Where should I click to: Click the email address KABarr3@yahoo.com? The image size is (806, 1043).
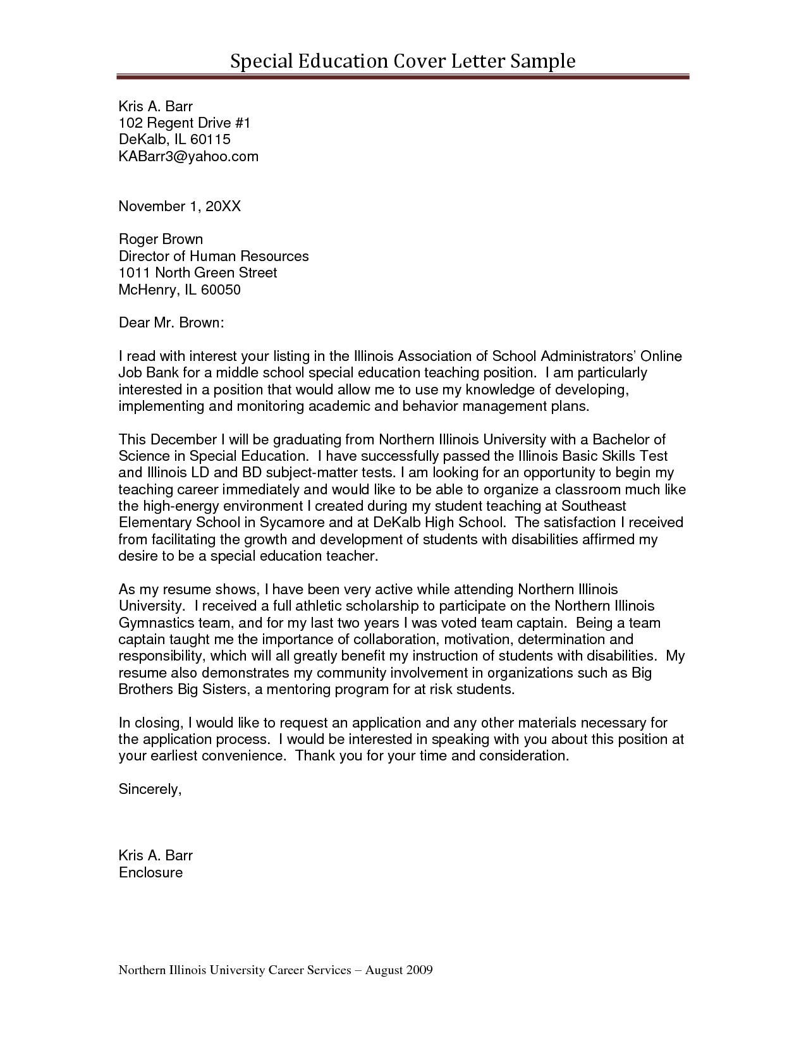[x=188, y=156]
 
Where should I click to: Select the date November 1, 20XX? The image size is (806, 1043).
[x=180, y=206]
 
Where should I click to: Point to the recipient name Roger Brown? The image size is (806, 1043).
[x=161, y=239]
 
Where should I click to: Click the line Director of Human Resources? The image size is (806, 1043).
[x=214, y=256]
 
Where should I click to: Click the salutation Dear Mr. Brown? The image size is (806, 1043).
[x=171, y=323]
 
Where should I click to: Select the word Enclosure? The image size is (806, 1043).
[x=150, y=873]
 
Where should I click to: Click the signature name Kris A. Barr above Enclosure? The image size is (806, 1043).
[x=156, y=856]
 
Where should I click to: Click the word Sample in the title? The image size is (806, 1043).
[x=543, y=61]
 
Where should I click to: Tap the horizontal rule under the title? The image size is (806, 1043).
[x=403, y=77]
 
